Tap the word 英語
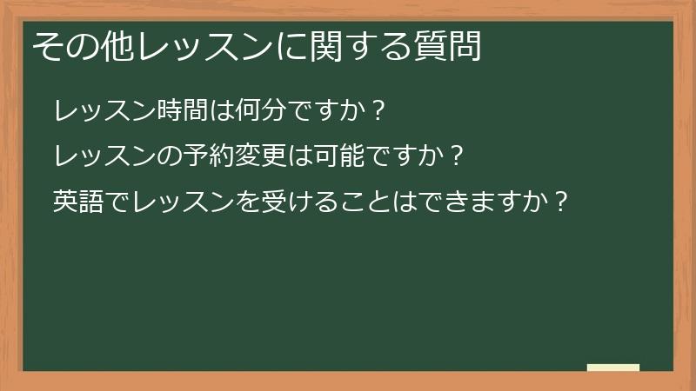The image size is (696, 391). point(77,202)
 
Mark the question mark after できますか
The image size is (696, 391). point(561,202)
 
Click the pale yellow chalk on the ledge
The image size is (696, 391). point(613,368)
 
